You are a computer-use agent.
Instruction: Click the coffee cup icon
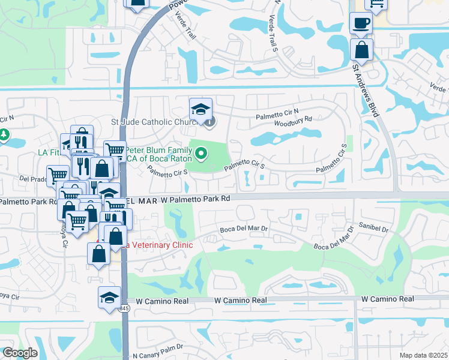click(x=361, y=23)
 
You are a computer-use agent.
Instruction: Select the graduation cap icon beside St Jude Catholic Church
click(x=201, y=109)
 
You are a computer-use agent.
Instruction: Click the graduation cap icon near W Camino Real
click(x=110, y=298)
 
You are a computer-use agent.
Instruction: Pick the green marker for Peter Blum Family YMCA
click(x=202, y=155)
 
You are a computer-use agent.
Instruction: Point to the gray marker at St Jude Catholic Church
click(x=209, y=122)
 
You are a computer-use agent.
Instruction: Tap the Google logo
click(x=20, y=353)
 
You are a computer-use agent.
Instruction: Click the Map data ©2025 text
click(x=424, y=355)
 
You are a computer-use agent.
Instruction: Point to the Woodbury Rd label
click(x=294, y=119)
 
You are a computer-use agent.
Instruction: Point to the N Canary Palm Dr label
click(x=157, y=355)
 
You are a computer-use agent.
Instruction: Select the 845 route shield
click(x=124, y=308)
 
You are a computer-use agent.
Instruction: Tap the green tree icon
click(x=5, y=134)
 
